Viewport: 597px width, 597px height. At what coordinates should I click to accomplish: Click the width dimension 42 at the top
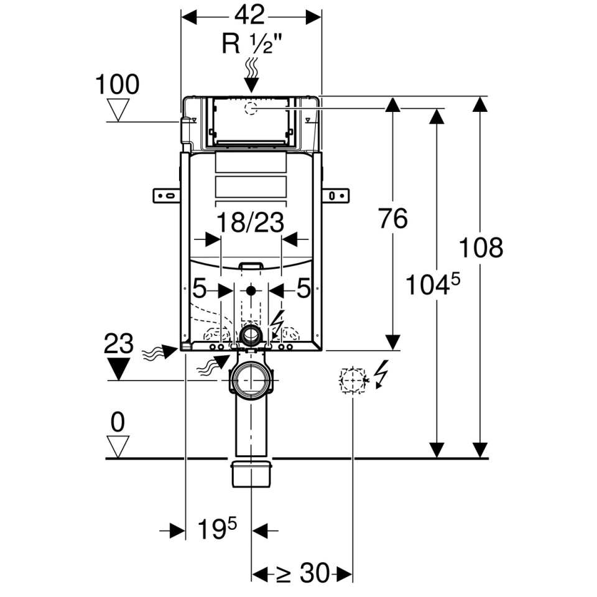pos(250,16)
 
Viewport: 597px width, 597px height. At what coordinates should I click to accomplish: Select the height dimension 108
pos(481,248)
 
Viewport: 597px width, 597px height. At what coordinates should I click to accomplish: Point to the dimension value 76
pos(393,218)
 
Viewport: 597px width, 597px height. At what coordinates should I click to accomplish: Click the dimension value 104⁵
pos(433,284)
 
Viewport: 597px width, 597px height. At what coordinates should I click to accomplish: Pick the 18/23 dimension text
pos(251,223)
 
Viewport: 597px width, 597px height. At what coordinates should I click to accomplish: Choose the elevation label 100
pos(118,84)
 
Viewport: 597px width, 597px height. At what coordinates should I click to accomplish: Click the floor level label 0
pos(118,422)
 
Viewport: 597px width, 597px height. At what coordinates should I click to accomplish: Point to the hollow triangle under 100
pos(118,110)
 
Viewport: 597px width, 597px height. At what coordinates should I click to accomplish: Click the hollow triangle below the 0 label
pos(118,447)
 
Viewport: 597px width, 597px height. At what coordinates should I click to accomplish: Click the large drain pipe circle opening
pos(251,379)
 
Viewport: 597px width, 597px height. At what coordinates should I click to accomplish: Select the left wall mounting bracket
pos(167,196)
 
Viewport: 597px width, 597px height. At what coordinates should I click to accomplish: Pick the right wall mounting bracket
pos(336,196)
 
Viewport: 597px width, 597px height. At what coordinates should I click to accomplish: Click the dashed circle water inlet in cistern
pos(251,108)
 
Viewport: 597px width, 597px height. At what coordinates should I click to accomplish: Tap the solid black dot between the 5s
pos(251,291)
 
